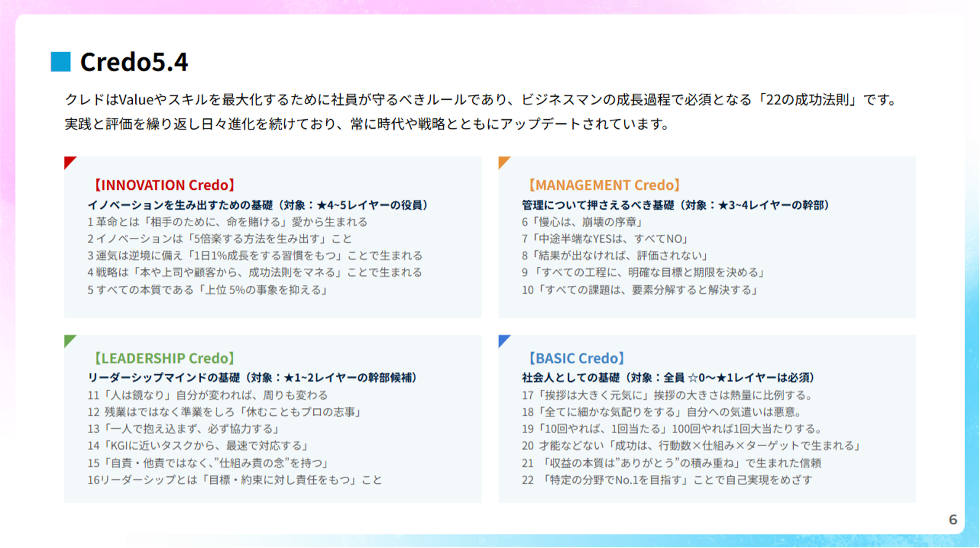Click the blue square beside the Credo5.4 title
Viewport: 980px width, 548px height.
tap(61, 62)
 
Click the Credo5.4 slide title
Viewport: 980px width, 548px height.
tap(134, 62)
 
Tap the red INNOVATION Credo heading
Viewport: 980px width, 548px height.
tap(164, 185)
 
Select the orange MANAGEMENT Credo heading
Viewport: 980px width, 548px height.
tap(604, 185)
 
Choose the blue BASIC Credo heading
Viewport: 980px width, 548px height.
tap(576, 358)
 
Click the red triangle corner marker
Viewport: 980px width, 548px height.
tap(69, 161)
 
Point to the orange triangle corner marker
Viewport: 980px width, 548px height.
tap(503, 161)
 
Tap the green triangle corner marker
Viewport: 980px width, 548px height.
tap(69, 340)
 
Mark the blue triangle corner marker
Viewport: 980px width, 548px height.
tap(503, 340)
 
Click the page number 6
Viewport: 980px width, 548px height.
tap(953, 520)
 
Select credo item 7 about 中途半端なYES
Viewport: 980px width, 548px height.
tap(606, 239)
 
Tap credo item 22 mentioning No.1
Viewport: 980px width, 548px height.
tap(667, 480)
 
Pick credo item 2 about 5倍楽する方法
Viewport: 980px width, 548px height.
tap(219, 239)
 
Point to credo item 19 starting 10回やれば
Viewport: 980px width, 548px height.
tap(672, 429)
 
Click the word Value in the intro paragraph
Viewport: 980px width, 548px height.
tap(136, 100)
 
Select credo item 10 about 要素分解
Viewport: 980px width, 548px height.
tap(640, 290)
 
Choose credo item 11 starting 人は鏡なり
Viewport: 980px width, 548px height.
tap(208, 395)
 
